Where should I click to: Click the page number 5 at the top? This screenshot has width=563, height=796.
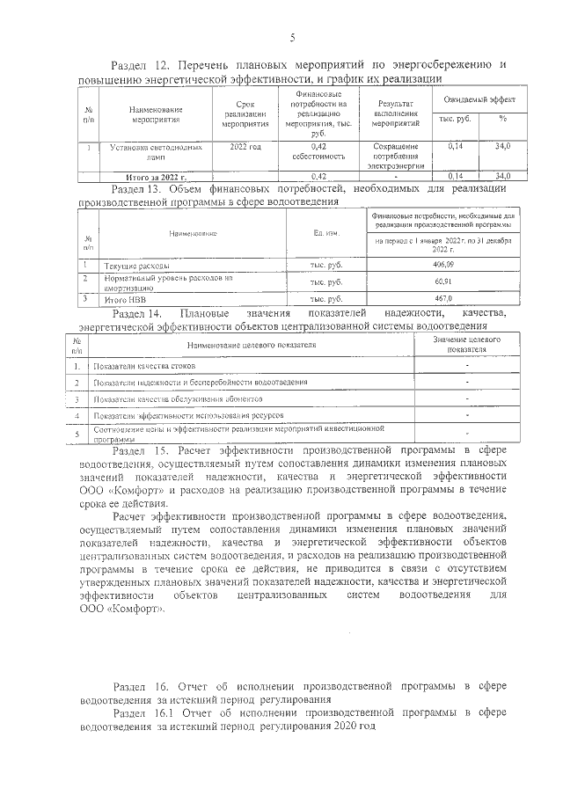click(x=292, y=37)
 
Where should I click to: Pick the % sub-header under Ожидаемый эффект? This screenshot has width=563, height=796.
click(x=502, y=119)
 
